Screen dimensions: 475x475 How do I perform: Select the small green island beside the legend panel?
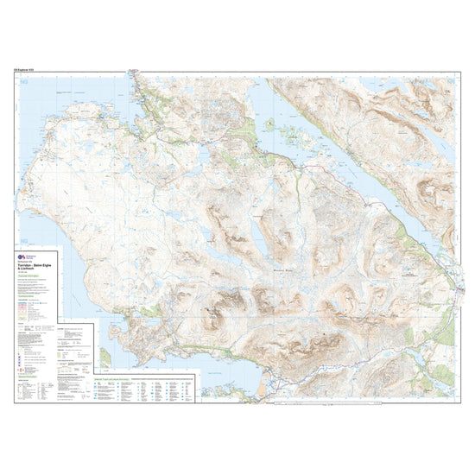(105, 356)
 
